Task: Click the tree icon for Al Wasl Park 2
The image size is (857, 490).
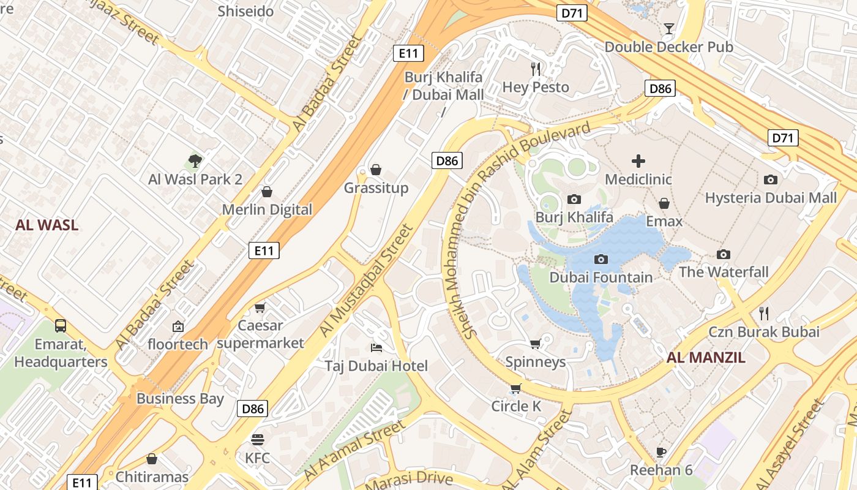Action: pyautogui.click(x=195, y=161)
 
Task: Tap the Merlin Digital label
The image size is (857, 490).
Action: pyautogui.click(x=267, y=209)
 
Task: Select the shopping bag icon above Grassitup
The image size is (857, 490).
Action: pyautogui.click(x=376, y=170)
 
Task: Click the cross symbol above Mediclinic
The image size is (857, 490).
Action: pyautogui.click(x=638, y=161)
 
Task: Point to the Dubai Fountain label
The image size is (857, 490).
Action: pyautogui.click(x=601, y=277)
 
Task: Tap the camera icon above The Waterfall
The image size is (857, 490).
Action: pyautogui.click(x=724, y=254)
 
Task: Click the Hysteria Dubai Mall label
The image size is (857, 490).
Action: pyautogui.click(x=771, y=198)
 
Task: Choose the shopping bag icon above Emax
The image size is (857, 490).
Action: pyautogui.click(x=664, y=203)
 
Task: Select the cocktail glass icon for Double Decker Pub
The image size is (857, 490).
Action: pyautogui.click(x=668, y=29)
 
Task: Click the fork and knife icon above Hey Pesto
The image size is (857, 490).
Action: pyautogui.click(x=536, y=69)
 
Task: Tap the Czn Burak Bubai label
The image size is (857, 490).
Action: pyautogui.click(x=764, y=332)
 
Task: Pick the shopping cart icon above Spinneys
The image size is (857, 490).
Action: pyautogui.click(x=535, y=344)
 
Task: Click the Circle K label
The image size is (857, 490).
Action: pyautogui.click(x=517, y=406)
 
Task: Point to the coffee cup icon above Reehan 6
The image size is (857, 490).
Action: pyautogui.click(x=661, y=453)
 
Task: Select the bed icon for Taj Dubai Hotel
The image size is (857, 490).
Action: pyautogui.click(x=376, y=348)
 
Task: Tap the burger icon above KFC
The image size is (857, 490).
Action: pyautogui.click(x=257, y=440)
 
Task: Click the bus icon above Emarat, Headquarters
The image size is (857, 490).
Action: pyautogui.click(x=61, y=326)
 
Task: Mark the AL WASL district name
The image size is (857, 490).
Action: pyautogui.click(x=47, y=225)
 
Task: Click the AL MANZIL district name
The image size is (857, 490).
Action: pyautogui.click(x=706, y=358)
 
